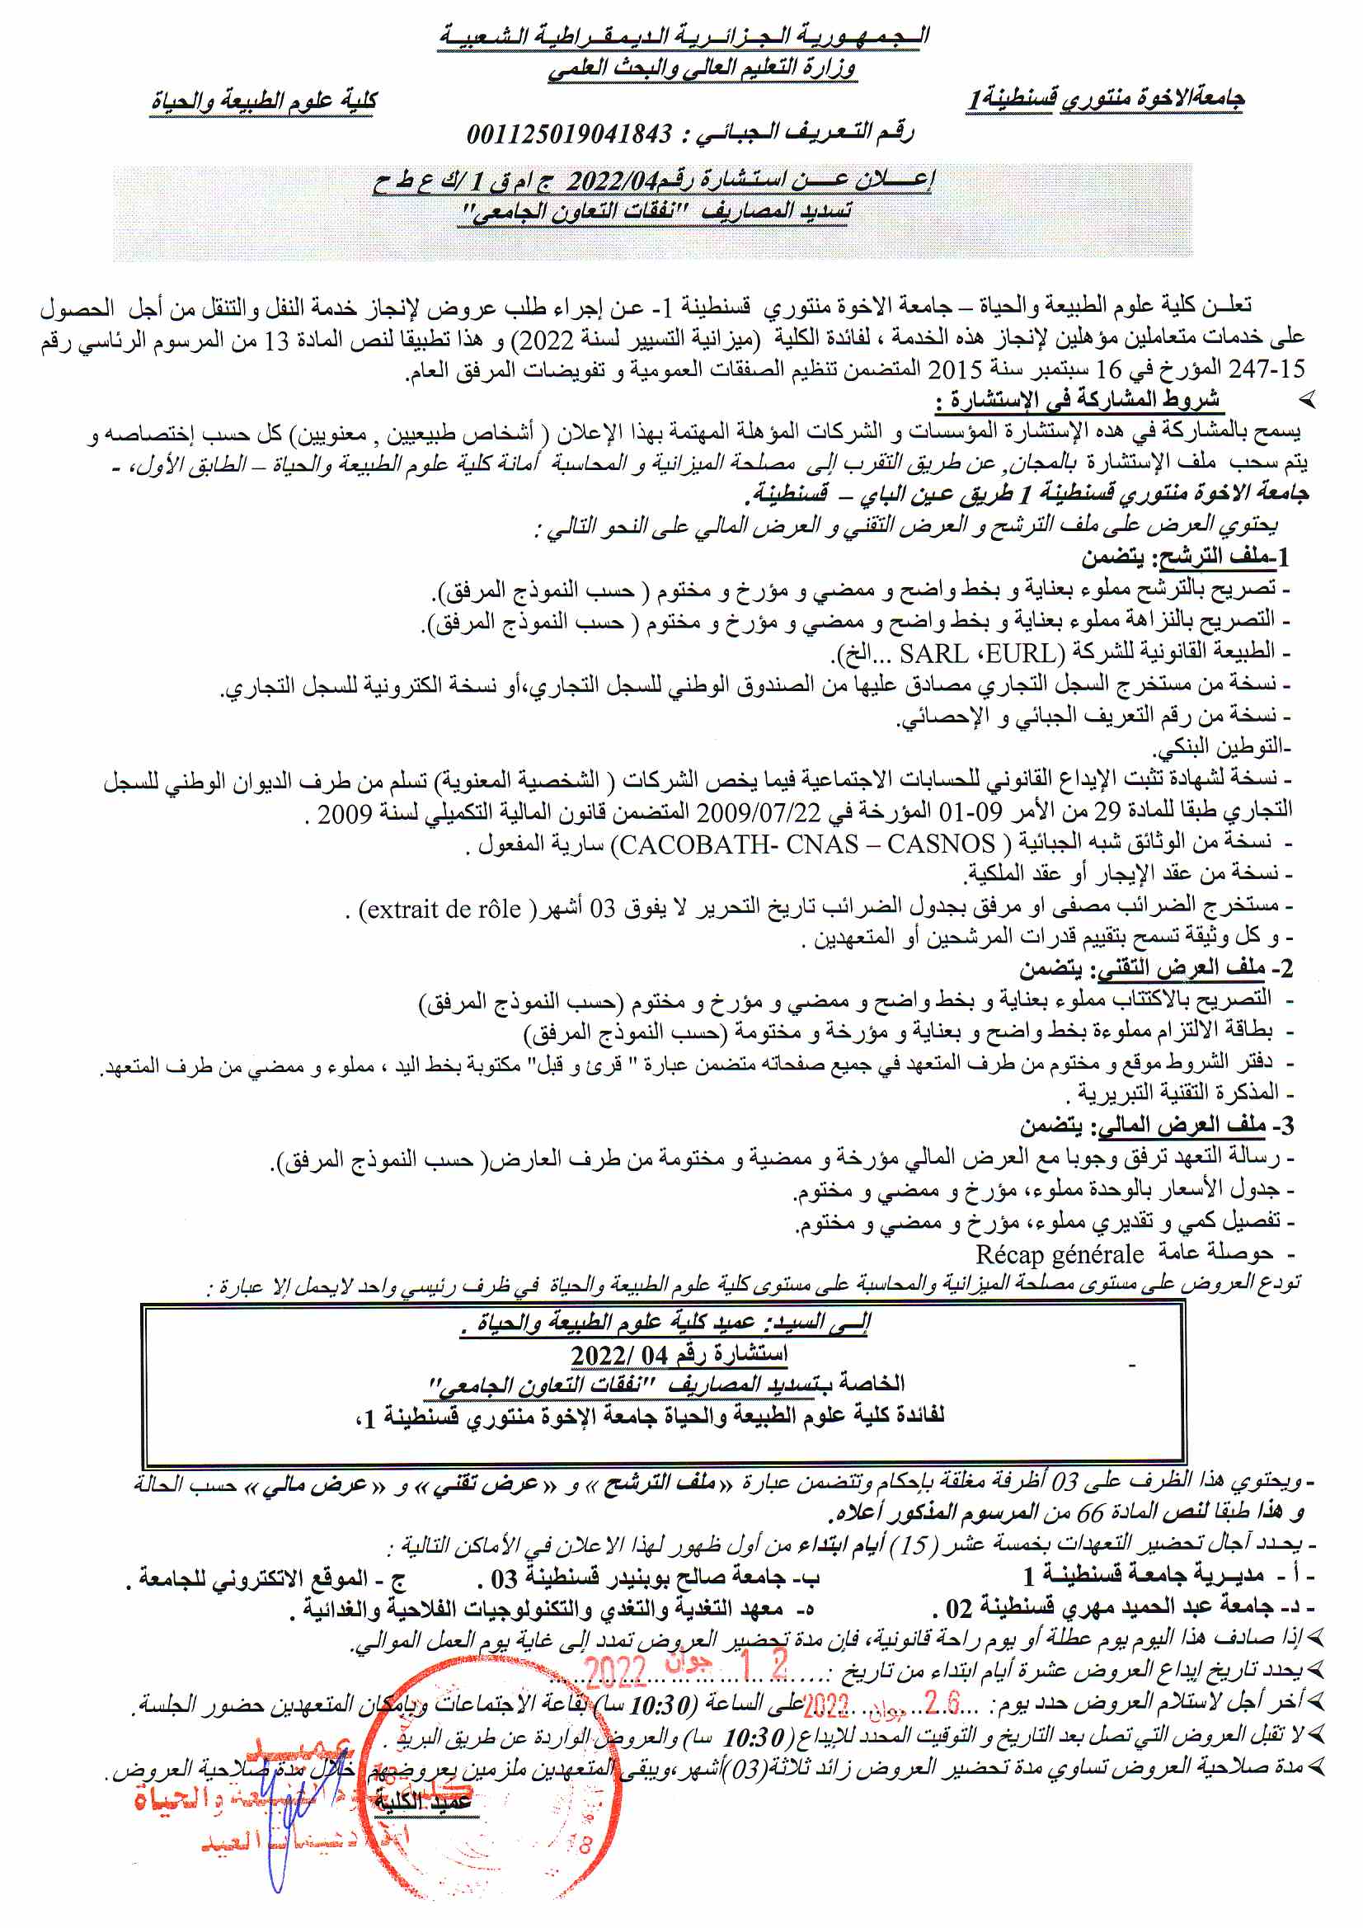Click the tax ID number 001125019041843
coord(569,134)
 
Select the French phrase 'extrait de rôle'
coord(440,909)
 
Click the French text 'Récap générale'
coord(1059,1254)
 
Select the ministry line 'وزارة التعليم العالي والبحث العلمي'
coord(702,67)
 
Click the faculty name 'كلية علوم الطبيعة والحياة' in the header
coord(264,101)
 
